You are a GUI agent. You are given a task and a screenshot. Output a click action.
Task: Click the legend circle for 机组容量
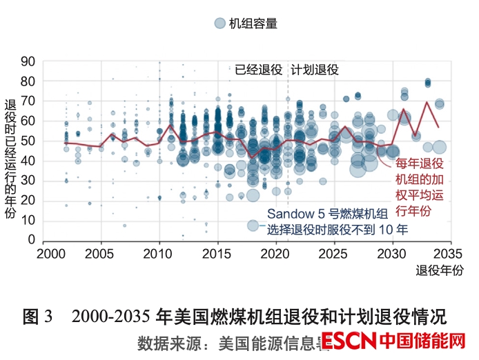[219, 23]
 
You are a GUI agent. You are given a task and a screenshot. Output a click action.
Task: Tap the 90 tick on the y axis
[28, 61]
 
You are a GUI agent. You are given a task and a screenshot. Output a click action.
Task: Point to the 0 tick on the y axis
[32, 239]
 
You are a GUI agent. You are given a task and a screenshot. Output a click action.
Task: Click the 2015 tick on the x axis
[217, 252]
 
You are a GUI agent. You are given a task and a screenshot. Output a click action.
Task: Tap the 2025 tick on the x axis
[334, 252]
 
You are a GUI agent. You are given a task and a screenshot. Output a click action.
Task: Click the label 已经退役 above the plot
[259, 70]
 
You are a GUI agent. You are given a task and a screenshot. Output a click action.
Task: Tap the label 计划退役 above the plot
[315, 70]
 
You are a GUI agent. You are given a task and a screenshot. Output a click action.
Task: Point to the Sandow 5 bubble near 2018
[253, 225]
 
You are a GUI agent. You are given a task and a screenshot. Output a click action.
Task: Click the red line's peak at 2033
[427, 102]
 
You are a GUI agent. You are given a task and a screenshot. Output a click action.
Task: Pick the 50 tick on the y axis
[28, 141]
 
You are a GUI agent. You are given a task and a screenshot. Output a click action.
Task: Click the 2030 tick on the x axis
[393, 252]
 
